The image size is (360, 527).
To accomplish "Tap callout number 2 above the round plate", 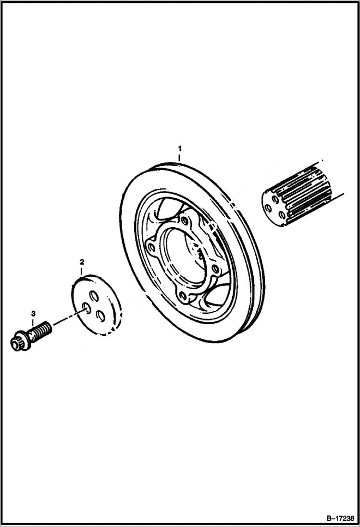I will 82,262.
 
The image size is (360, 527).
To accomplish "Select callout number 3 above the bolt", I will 33,314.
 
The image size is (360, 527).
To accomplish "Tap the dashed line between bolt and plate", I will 67,319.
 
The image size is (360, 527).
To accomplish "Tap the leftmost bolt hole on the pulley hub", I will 152,247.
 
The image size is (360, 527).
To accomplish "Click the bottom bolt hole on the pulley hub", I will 183,296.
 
